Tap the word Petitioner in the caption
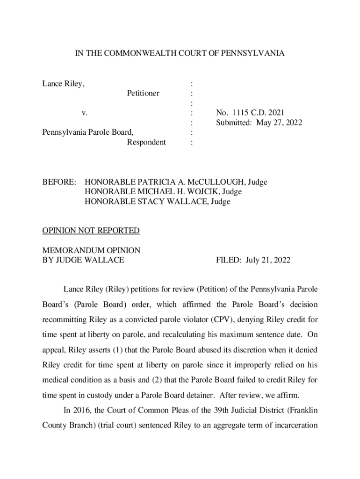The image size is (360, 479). pyautogui.click(x=143, y=94)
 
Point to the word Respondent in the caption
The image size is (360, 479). pyautogui.click(x=146, y=142)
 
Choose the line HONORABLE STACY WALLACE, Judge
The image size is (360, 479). pyautogui.click(x=158, y=202)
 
